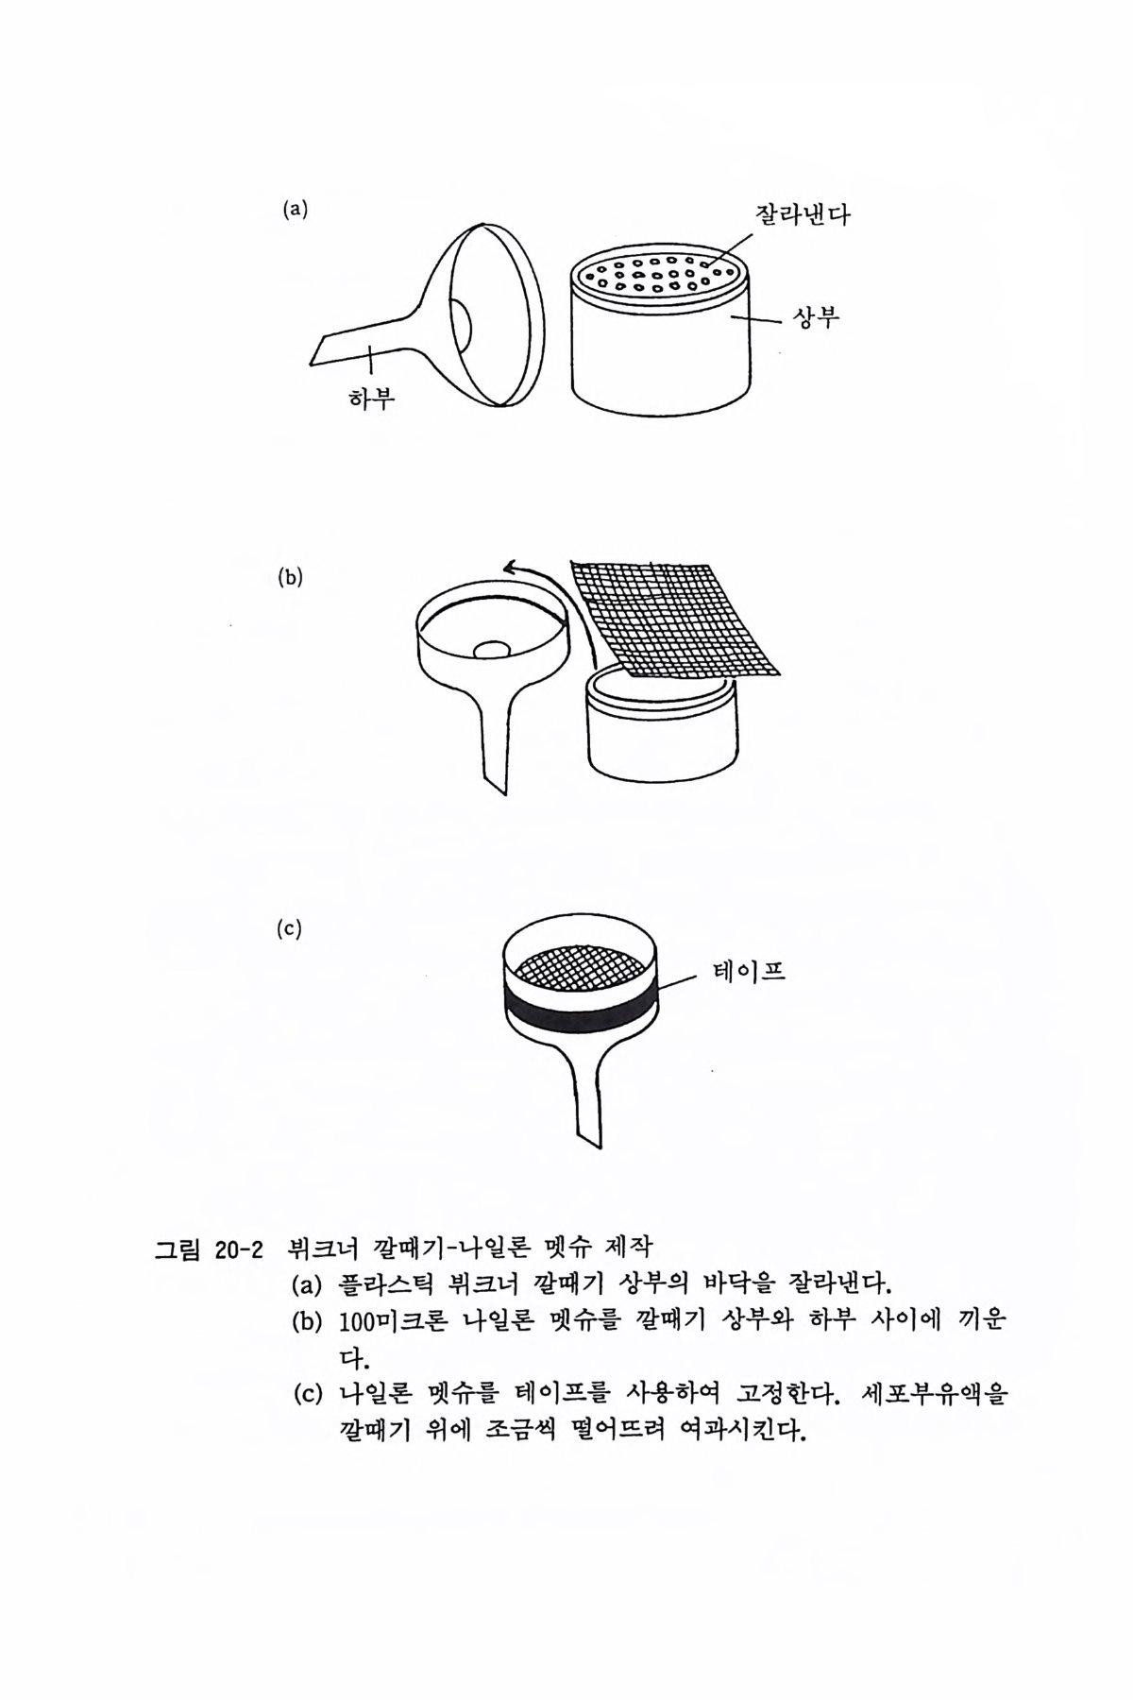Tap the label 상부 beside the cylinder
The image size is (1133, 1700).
click(814, 318)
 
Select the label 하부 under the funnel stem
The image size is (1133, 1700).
click(371, 399)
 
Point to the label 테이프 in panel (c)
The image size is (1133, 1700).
click(748, 971)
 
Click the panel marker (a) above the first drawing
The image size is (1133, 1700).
click(296, 210)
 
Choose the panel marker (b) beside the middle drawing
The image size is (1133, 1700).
click(291, 578)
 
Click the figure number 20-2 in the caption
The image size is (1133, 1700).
click(237, 1250)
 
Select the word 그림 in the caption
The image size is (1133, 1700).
click(178, 1250)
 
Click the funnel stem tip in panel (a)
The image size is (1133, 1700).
click(311, 362)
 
